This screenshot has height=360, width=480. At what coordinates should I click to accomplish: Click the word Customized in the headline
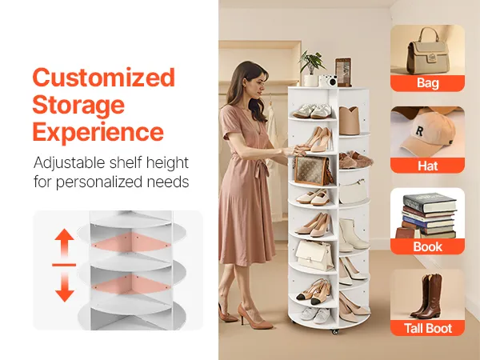coord(104,77)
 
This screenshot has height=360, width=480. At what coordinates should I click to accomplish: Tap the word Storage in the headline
coord(78,105)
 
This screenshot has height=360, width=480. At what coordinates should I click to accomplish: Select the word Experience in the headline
coord(98,132)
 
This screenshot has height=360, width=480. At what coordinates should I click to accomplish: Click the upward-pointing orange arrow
coord(64,242)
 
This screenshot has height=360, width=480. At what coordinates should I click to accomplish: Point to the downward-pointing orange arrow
coord(65,287)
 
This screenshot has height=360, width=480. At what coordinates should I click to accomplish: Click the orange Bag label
coord(427,83)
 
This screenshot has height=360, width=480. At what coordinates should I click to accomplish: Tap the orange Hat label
coord(427,166)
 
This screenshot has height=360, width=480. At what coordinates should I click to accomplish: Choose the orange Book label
coord(427,246)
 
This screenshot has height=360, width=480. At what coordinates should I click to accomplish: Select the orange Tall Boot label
coord(427,328)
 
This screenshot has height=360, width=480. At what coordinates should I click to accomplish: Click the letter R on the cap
coord(419,131)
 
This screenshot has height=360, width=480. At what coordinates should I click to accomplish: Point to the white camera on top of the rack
coord(327,81)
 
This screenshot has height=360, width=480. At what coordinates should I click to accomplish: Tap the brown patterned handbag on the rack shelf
coord(312,170)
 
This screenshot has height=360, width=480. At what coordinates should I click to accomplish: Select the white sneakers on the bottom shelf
coord(314,315)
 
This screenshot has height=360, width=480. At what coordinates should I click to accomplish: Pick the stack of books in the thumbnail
coord(427,216)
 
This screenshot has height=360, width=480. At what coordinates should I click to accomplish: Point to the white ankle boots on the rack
coord(354,234)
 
